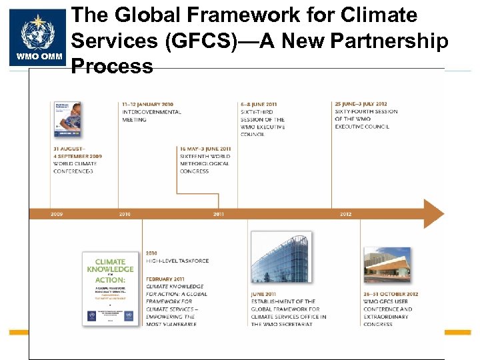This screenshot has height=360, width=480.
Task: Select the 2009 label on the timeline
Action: tap(57, 214)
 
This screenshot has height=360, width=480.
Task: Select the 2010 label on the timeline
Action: tap(125, 214)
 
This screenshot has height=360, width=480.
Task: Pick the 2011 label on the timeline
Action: tap(219, 214)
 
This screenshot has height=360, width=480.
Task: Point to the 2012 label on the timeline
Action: tap(345, 214)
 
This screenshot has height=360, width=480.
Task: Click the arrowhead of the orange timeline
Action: tap(433, 213)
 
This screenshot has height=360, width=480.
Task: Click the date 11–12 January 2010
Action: tap(147, 104)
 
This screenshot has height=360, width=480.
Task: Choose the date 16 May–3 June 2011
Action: tap(205, 149)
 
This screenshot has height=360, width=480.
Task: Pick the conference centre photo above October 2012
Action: tap(386, 265)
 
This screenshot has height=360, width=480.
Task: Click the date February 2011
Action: tap(166, 279)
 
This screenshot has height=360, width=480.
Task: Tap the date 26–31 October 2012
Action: tap(391, 294)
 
